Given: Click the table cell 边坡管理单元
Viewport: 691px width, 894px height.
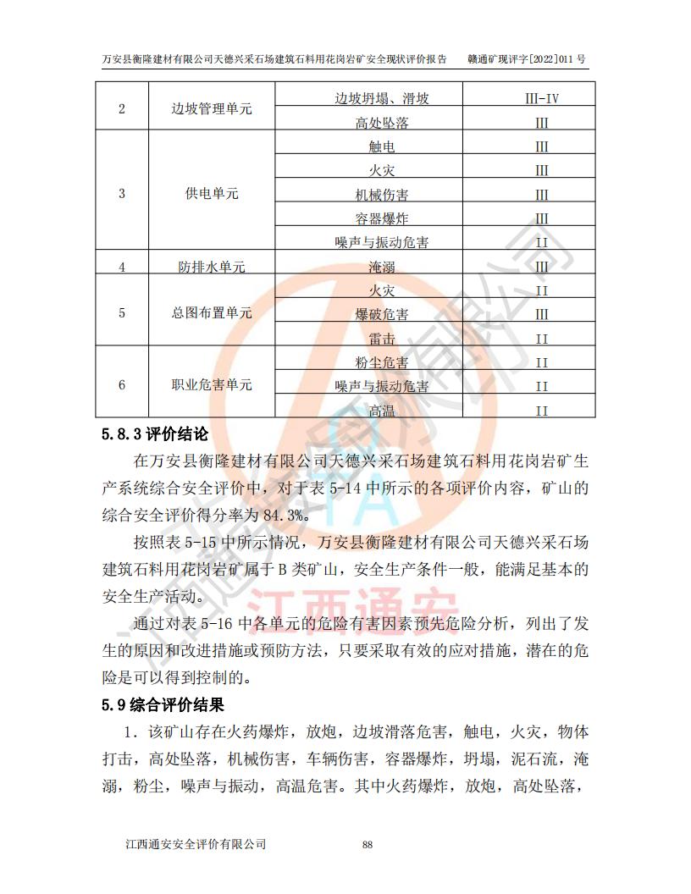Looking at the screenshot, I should click(x=212, y=109).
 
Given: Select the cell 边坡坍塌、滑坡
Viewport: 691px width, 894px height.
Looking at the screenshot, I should click(x=381, y=98).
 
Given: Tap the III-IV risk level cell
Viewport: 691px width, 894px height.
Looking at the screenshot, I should click(x=542, y=98).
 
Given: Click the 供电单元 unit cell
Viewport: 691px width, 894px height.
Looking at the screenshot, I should click(x=212, y=194).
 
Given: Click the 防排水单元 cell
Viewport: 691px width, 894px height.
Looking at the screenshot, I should click(x=212, y=267).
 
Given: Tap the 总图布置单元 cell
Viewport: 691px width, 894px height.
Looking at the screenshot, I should click(x=212, y=312).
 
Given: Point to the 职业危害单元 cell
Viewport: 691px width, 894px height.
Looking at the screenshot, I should click(x=212, y=385).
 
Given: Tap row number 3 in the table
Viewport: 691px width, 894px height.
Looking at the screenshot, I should click(x=122, y=194).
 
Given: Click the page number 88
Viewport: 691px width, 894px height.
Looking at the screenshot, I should click(x=368, y=844).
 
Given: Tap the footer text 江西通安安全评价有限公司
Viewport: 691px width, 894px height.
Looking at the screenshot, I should click(x=196, y=844).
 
